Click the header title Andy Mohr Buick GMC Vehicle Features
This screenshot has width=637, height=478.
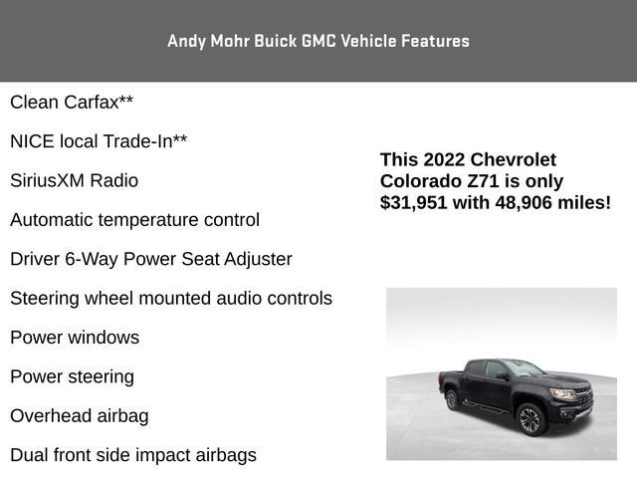[x=318, y=41]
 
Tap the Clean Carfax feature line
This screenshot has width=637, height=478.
[x=72, y=102]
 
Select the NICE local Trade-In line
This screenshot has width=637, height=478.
[x=99, y=141]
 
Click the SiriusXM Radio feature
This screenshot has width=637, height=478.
[x=74, y=180]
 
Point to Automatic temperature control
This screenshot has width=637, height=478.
[x=134, y=220]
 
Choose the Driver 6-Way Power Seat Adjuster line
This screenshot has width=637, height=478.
[x=151, y=259]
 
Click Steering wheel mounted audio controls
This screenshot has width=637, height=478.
[x=171, y=298]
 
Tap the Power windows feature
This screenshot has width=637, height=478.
[x=75, y=338]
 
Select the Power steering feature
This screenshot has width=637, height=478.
[x=72, y=376]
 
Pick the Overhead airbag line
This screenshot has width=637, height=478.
[x=80, y=416]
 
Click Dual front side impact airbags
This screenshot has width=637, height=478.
[x=133, y=455]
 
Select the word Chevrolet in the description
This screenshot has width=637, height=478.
[x=514, y=159]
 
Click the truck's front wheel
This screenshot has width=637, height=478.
[x=530, y=419]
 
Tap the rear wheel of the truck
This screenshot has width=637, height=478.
[x=453, y=399]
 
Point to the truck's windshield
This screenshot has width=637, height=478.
[x=525, y=368]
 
